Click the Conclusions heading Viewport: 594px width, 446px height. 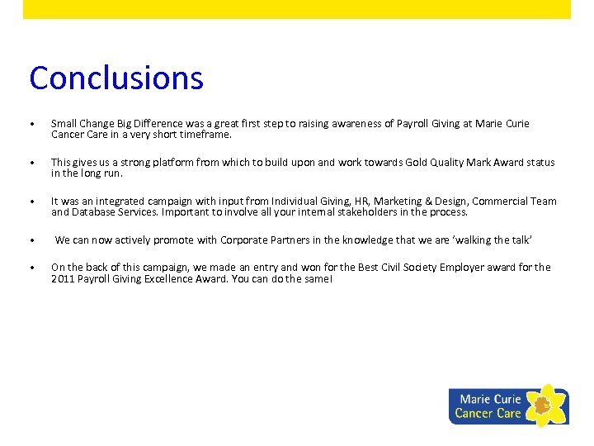point(115,78)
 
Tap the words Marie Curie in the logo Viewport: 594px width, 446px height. point(490,399)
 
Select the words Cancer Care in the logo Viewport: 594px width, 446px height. point(488,413)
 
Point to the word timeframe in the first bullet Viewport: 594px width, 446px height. point(206,134)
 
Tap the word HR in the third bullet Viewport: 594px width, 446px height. point(361,202)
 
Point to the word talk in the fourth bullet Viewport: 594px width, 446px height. point(520,240)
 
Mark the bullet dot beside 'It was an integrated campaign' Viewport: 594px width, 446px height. point(31,202)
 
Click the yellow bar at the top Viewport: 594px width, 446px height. point(297,9)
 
